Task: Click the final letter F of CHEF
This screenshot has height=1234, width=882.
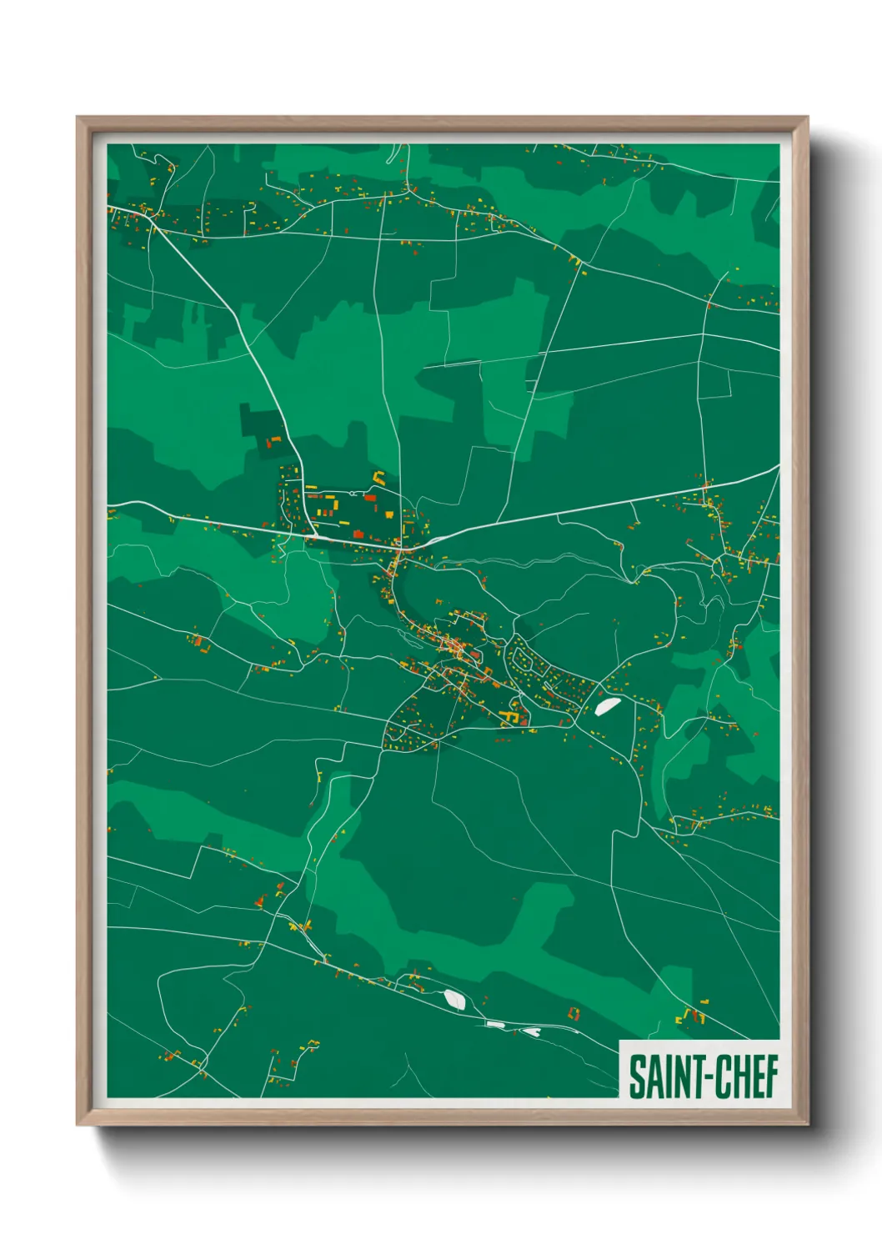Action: tap(771, 1076)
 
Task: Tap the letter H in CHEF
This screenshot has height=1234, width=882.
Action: tap(737, 1076)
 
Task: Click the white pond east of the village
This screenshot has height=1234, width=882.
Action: tap(606, 706)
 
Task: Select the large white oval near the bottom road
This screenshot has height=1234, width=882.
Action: tap(454, 998)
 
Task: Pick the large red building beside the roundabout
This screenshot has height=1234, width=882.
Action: tap(370, 498)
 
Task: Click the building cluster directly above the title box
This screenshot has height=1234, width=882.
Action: tap(690, 1016)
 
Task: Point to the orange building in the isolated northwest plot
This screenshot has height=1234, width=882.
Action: tap(273, 439)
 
